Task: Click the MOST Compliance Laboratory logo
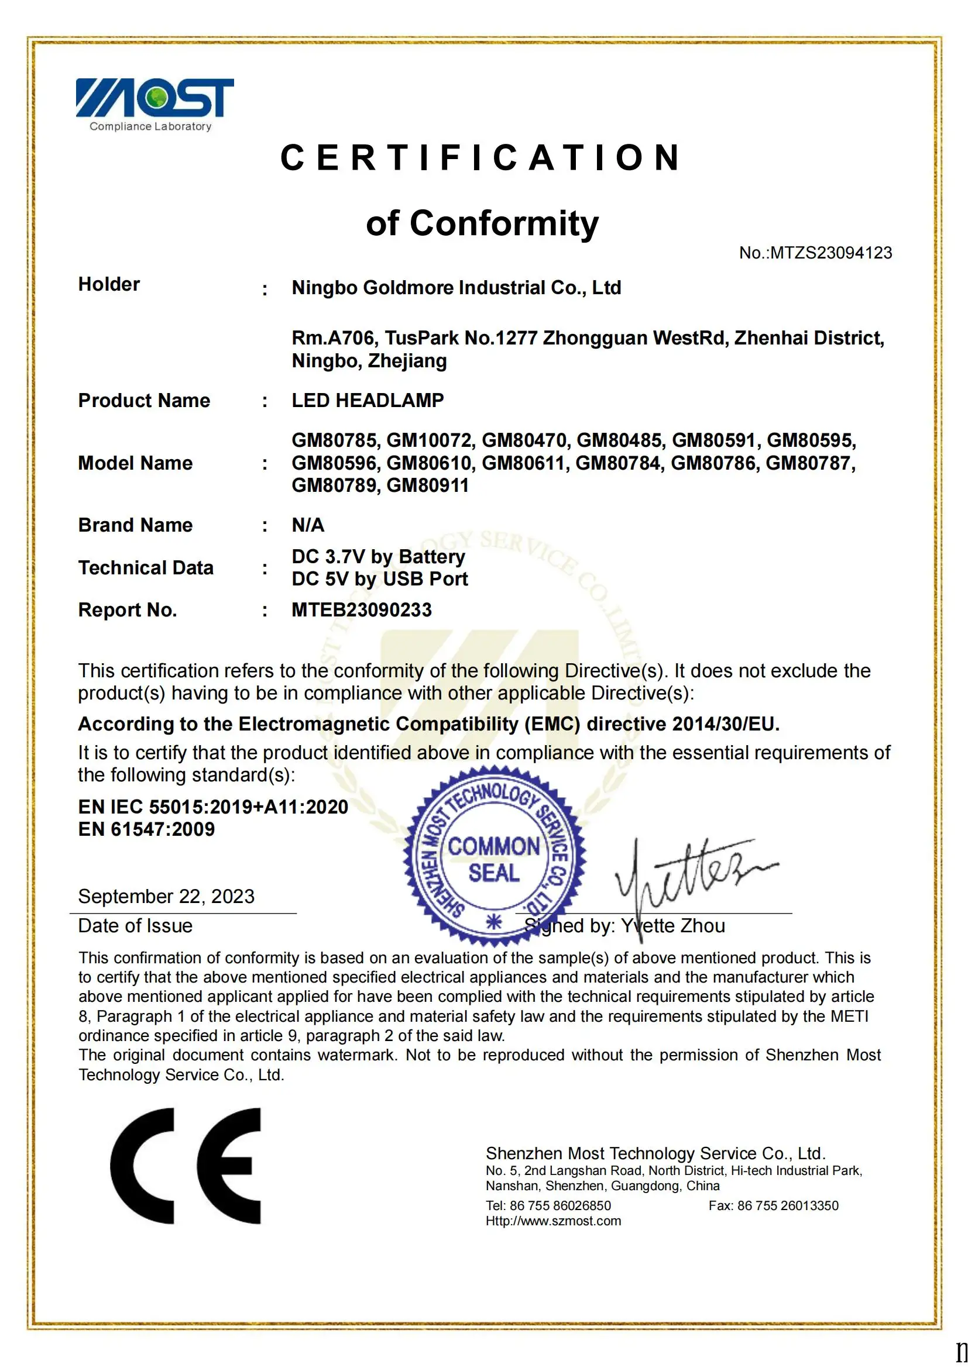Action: click(x=155, y=104)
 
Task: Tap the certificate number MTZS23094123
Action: click(x=831, y=253)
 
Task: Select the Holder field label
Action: click(x=109, y=284)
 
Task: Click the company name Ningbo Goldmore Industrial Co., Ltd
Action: click(x=456, y=288)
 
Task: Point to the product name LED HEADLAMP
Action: click(x=368, y=401)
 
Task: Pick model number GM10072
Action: click(x=429, y=440)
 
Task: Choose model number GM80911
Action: click(x=427, y=485)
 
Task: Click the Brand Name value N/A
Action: click(x=308, y=525)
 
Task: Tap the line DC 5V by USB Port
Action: click(x=380, y=579)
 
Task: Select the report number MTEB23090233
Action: click(x=362, y=610)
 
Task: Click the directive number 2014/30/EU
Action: click(x=725, y=724)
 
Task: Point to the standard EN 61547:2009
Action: click(x=146, y=829)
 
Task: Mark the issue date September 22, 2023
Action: click(x=166, y=896)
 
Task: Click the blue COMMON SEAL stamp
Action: click(x=493, y=859)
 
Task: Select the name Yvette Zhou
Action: click(x=673, y=926)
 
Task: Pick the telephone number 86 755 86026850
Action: click(x=560, y=1206)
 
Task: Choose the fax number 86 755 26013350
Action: click(x=787, y=1206)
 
